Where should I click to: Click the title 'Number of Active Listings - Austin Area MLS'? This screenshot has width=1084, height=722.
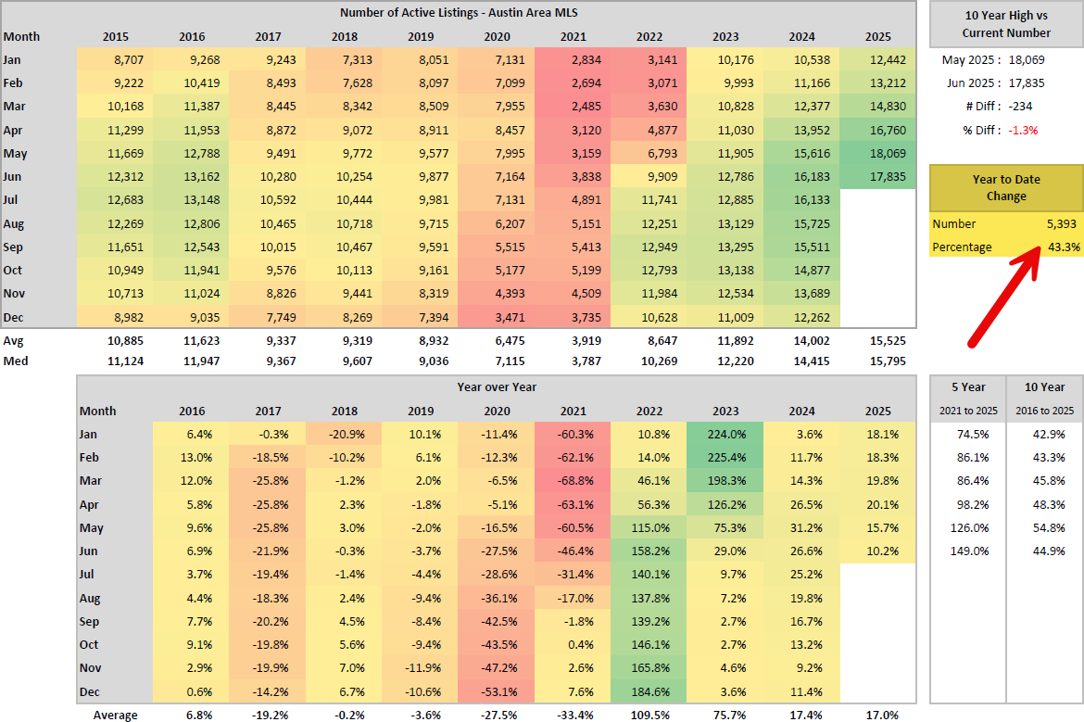[459, 12]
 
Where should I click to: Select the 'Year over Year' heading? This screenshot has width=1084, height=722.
[497, 386]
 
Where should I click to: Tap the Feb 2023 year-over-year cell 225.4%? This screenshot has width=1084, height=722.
[726, 457]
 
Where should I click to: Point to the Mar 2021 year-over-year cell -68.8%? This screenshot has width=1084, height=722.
[574, 481]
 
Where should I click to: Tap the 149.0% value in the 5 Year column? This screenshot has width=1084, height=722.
[970, 551]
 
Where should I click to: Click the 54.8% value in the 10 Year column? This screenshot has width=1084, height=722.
[1046, 527]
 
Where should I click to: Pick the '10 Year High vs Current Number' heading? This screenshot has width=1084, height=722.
[1006, 23]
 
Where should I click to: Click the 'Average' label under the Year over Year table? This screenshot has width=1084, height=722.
[115, 715]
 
